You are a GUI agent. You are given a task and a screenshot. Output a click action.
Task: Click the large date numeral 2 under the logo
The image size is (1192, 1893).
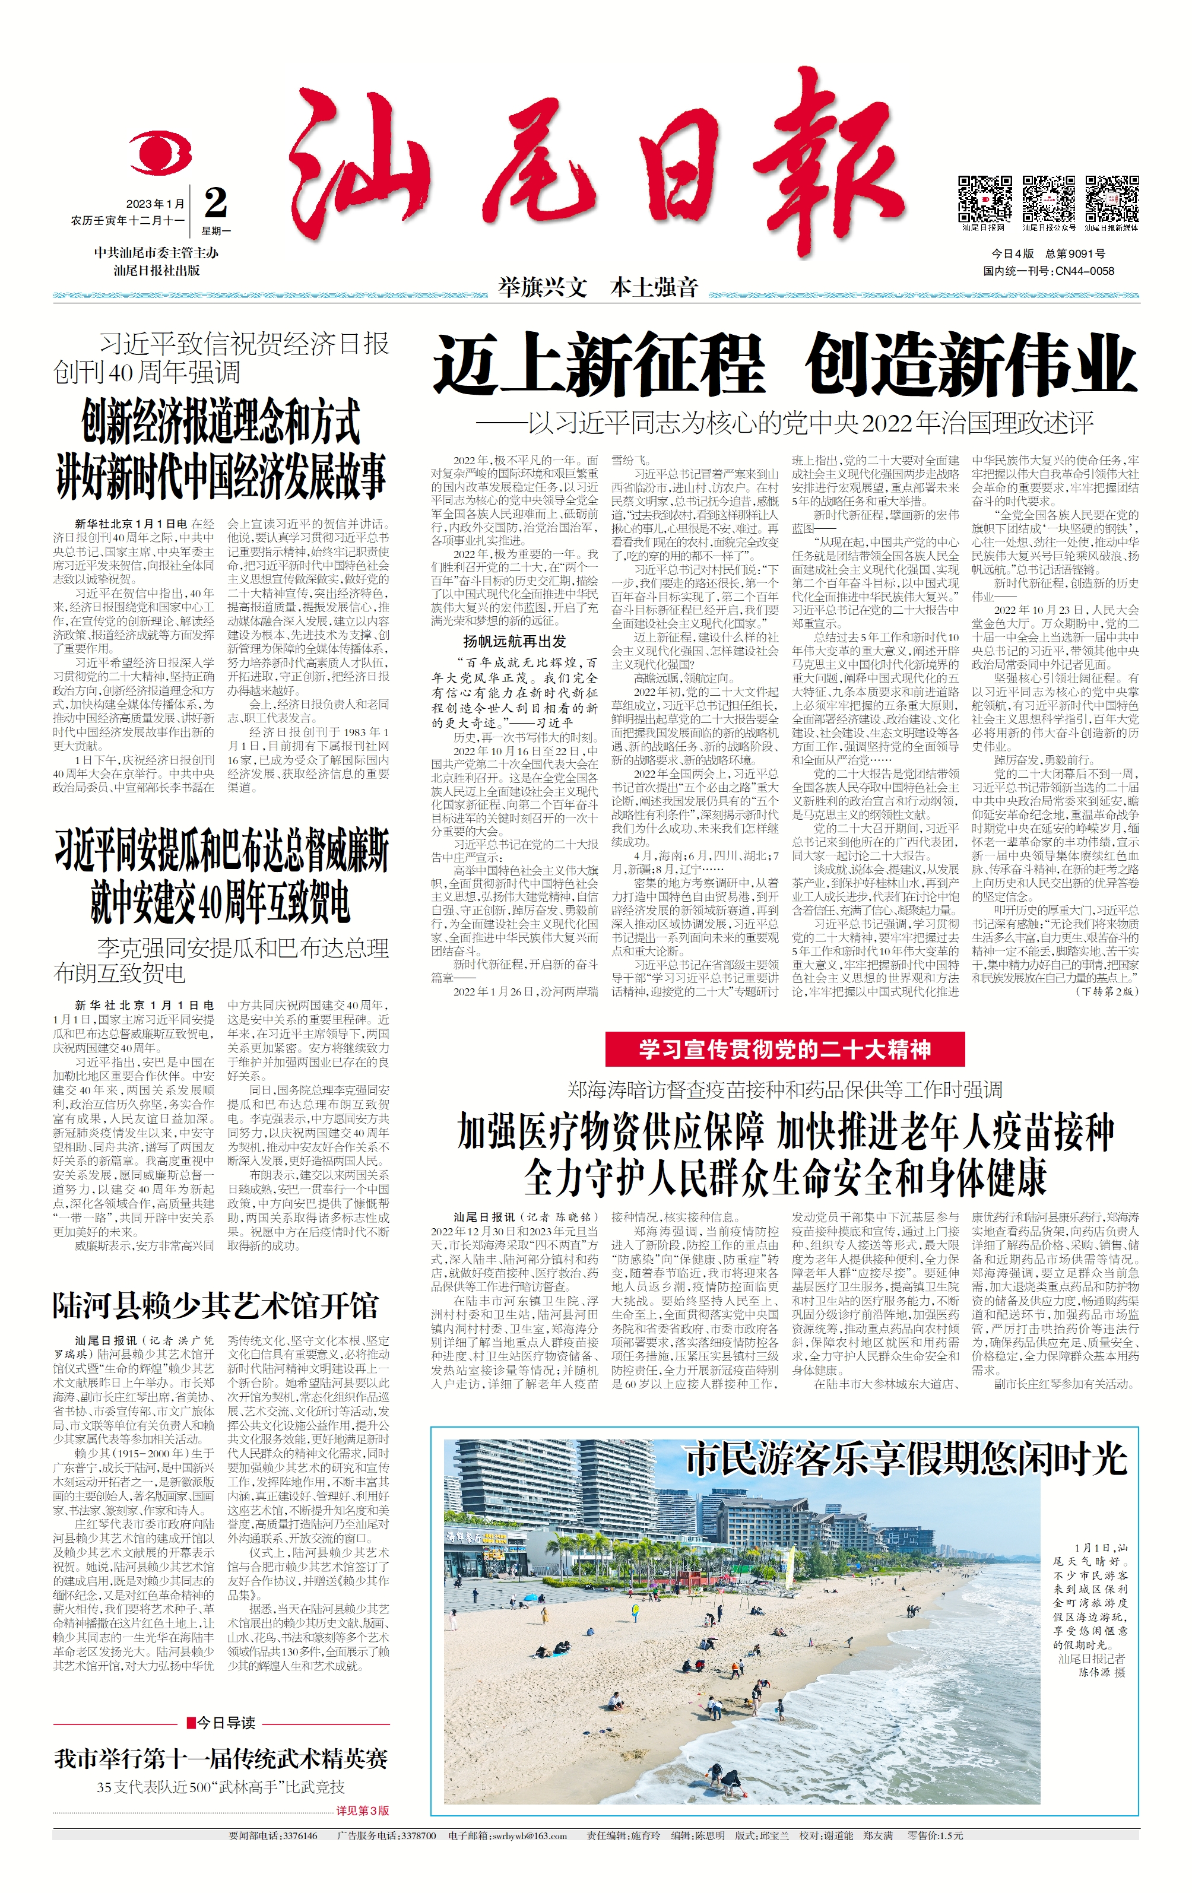(x=215, y=204)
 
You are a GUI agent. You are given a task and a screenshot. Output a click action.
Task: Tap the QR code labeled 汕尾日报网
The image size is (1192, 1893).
(x=984, y=199)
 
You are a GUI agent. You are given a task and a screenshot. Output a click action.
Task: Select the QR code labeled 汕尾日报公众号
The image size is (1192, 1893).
(x=1048, y=199)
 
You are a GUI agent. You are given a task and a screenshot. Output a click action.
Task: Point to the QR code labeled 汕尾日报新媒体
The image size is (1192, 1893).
(x=1112, y=199)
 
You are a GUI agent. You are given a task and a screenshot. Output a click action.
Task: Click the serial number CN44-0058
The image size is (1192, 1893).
(x=1085, y=271)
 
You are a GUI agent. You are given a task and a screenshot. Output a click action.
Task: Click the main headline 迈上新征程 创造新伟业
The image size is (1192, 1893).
(x=784, y=363)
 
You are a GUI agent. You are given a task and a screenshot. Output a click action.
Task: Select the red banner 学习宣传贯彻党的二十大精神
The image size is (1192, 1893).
(x=784, y=1049)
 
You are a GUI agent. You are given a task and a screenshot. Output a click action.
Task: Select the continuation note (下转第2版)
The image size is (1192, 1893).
(x=1107, y=991)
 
